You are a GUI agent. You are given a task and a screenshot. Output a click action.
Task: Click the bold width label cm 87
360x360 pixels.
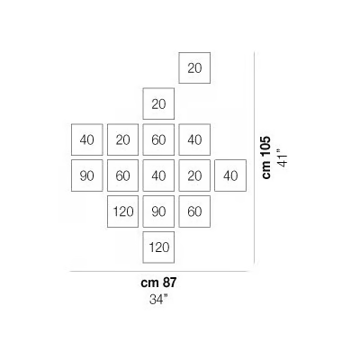point(158,283)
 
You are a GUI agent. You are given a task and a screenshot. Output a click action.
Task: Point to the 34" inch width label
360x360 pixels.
point(158,300)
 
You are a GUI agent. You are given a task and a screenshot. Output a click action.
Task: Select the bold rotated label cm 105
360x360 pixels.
point(266,157)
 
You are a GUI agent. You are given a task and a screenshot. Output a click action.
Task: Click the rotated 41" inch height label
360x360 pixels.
point(283,157)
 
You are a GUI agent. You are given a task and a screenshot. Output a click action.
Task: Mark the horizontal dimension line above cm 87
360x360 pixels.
point(160,271)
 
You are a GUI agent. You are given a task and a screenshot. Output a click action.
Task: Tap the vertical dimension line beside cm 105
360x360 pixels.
point(255,157)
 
